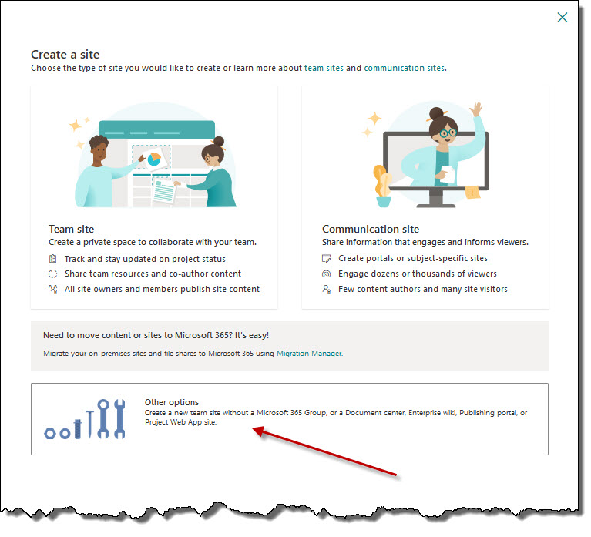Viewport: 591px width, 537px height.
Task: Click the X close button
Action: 562,17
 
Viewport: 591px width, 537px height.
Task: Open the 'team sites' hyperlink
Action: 324,69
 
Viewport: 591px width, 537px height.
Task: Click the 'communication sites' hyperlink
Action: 404,69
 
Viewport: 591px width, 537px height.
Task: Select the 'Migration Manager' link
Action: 310,354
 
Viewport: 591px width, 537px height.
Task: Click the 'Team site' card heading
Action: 71,229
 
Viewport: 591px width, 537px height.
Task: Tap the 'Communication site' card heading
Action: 371,229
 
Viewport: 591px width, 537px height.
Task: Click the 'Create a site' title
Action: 65,55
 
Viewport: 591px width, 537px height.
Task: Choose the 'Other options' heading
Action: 172,402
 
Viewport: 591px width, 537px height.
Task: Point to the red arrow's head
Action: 253,428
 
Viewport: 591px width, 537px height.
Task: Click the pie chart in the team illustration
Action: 154,159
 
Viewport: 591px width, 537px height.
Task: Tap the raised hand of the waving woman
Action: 476,109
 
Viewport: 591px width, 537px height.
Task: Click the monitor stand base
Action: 435,206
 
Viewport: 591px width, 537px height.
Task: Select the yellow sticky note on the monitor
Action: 472,191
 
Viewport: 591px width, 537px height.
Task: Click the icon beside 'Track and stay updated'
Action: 52,259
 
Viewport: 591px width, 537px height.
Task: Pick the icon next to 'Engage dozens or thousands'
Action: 326,274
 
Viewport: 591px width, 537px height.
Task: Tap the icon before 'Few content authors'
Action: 327,289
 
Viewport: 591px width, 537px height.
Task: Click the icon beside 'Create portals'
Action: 326,259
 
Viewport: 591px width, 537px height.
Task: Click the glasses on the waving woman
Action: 448,133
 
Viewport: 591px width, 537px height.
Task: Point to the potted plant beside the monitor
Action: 383,186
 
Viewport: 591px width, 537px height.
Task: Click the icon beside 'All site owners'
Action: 52,289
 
